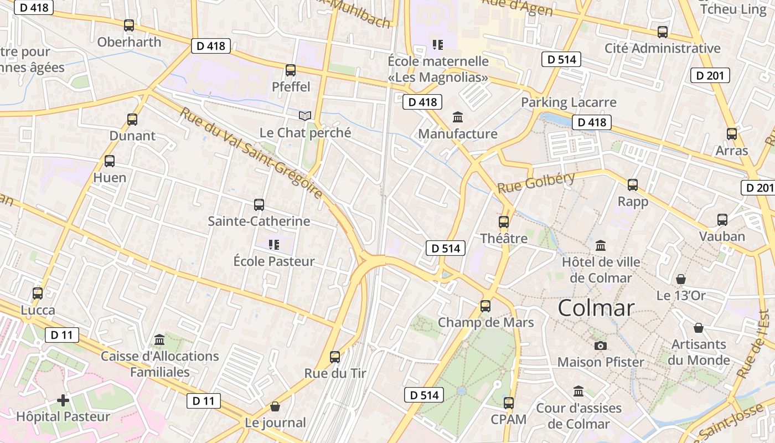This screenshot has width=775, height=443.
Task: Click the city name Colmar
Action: (x=596, y=308)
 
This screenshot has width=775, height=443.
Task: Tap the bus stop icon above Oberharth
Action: (x=129, y=25)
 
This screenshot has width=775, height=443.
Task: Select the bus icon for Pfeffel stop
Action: (x=291, y=70)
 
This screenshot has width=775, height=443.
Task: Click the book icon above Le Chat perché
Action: (x=305, y=116)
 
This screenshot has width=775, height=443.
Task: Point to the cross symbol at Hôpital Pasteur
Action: (x=63, y=400)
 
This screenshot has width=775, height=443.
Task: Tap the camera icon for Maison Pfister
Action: (x=600, y=346)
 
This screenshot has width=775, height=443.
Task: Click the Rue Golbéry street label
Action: (x=536, y=183)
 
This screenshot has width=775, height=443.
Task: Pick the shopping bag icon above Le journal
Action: (x=275, y=407)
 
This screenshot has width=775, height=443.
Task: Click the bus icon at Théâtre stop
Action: (x=504, y=222)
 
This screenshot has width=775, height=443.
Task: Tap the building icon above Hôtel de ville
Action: (x=601, y=245)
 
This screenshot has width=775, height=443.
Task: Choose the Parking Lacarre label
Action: (x=569, y=102)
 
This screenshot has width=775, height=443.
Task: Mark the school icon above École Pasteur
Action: (x=273, y=244)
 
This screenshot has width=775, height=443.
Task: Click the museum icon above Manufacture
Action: (x=458, y=117)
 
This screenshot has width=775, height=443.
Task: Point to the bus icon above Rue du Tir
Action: (x=335, y=357)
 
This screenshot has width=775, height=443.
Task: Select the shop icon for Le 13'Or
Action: (x=681, y=279)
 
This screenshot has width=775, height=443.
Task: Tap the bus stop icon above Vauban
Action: (x=722, y=220)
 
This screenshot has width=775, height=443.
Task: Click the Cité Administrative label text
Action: (x=662, y=48)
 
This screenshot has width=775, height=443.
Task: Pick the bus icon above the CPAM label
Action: (x=509, y=403)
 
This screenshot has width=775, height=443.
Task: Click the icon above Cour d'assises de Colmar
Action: (x=578, y=392)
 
